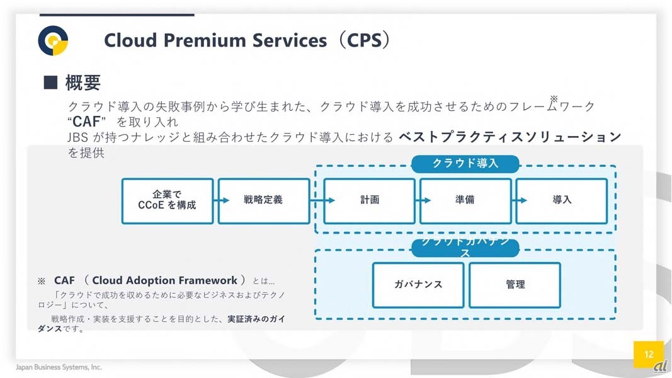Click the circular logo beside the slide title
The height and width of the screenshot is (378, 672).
click(x=53, y=41)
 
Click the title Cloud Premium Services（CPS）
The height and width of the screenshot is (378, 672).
click(x=247, y=40)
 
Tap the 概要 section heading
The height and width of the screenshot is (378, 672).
click(x=83, y=83)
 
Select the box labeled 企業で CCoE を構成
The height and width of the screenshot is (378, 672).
click(x=167, y=200)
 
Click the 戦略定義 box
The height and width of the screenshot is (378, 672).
click(x=263, y=200)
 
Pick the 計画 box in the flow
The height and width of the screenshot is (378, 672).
click(x=370, y=200)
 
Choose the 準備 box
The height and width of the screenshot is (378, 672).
click(x=465, y=200)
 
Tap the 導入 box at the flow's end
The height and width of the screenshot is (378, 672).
click(x=562, y=200)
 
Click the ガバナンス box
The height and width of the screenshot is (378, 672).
click(x=418, y=285)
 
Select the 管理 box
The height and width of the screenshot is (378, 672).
click(x=515, y=285)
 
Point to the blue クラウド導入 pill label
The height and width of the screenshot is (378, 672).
click(x=465, y=164)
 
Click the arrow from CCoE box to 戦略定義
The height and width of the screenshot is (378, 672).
click(x=216, y=200)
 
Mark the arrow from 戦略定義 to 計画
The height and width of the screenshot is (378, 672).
click(x=317, y=200)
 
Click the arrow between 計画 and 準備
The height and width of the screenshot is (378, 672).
click(x=418, y=200)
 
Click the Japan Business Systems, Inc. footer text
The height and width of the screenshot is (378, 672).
click(x=59, y=367)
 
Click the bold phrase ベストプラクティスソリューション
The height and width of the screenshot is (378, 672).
click(x=510, y=137)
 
